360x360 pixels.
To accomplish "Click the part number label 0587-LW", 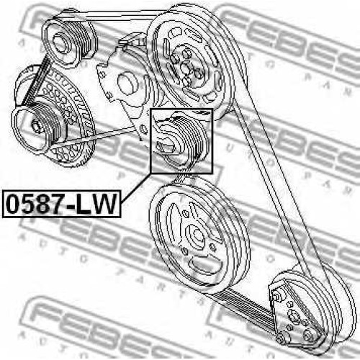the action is [61, 204].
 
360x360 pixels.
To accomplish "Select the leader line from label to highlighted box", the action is [136, 188].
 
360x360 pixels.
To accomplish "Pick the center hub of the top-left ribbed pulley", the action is [60, 43].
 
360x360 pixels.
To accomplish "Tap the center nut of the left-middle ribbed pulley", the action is [36, 126].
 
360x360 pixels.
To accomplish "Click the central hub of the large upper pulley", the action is [185, 68].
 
